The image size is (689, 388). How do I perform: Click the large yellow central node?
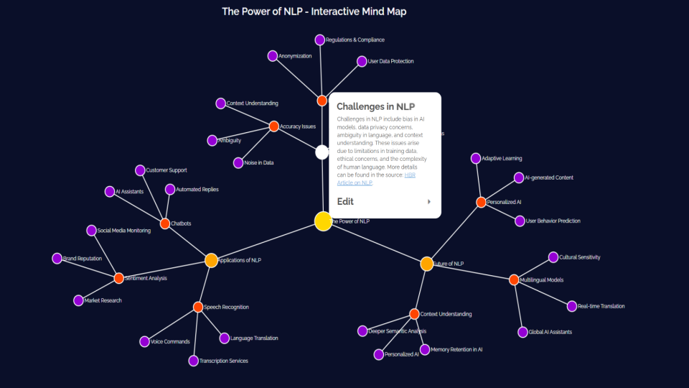[x=323, y=221]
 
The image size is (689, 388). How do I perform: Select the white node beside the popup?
[x=322, y=152]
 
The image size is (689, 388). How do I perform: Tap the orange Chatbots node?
[x=165, y=223]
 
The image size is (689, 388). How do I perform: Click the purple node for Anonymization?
[x=273, y=56]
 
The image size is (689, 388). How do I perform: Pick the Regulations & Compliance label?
[x=355, y=40]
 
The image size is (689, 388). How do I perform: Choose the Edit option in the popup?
[x=346, y=202]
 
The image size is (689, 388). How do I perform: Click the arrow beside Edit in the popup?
[x=429, y=202]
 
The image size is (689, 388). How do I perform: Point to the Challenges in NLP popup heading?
[x=375, y=106]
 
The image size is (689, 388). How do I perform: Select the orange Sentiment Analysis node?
[x=119, y=278]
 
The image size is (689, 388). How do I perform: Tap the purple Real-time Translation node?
[x=572, y=306]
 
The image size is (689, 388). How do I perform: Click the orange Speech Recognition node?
[x=198, y=307]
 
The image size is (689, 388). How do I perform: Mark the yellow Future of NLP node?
[x=426, y=264]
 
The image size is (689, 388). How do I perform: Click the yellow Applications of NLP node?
[x=211, y=260]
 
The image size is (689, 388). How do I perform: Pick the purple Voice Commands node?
[x=145, y=342]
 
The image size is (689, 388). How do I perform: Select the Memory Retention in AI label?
[x=456, y=350]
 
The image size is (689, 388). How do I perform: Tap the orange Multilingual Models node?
[x=514, y=280]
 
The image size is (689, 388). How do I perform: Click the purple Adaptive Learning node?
[x=475, y=158]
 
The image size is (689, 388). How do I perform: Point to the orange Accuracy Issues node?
[x=273, y=126]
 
